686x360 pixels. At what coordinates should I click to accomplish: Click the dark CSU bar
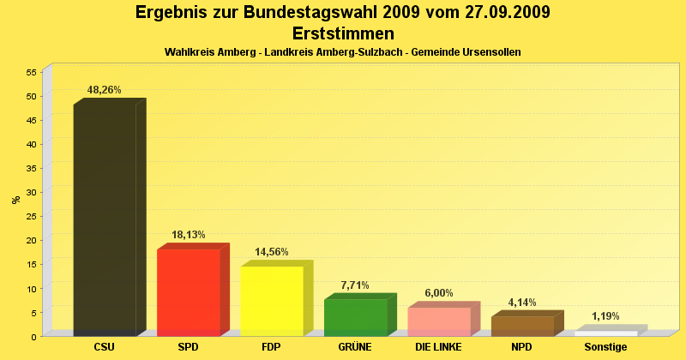(105, 219)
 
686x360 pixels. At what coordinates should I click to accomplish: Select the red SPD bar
(188, 291)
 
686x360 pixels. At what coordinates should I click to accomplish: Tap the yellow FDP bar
(271, 300)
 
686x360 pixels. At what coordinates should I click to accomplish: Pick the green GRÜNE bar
(355, 316)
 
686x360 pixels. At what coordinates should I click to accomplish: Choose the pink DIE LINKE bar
(438, 321)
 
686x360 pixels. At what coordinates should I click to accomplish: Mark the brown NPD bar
(522, 326)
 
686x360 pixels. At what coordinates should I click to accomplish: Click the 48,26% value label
(105, 89)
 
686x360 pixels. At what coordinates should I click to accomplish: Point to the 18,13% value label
(188, 234)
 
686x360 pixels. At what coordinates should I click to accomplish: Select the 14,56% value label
(272, 252)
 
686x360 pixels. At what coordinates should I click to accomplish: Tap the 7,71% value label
(355, 285)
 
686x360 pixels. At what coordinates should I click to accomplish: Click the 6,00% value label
(438, 293)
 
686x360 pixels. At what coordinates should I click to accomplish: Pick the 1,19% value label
(605, 316)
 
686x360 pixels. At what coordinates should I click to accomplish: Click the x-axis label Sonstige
(605, 347)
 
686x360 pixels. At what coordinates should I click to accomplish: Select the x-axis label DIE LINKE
(438, 347)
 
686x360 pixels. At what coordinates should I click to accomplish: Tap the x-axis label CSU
(105, 347)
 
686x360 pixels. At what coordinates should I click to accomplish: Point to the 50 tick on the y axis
(30, 96)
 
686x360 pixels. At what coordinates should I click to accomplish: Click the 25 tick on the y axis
(30, 216)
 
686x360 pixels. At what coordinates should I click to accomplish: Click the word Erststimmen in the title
(343, 33)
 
